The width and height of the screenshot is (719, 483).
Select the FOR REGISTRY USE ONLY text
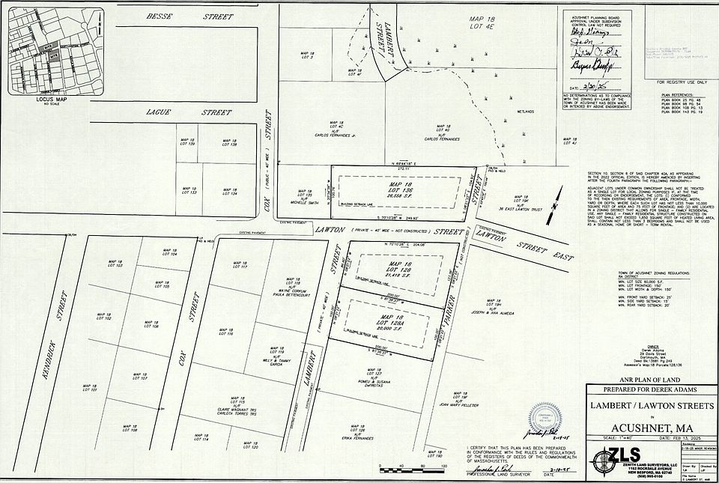coord(682,81)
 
